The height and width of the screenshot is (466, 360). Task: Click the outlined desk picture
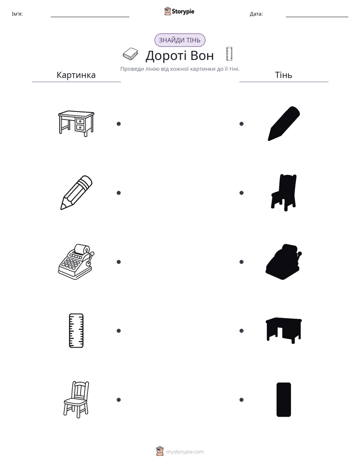(x=76, y=124)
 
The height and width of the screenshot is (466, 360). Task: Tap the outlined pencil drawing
(x=76, y=193)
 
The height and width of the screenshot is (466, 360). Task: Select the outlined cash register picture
(x=76, y=262)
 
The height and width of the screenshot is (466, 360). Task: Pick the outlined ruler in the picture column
(x=76, y=330)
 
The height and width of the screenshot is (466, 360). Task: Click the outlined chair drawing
(x=76, y=399)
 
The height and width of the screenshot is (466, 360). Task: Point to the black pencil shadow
(x=284, y=124)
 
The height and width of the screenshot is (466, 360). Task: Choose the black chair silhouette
(x=284, y=193)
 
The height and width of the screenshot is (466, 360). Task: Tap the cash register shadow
(x=284, y=262)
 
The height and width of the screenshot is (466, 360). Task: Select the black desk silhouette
(x=284, y=330)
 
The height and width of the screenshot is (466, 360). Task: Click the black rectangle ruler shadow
(x=284, y=400)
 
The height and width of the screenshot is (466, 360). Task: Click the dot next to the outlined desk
(x=118, y=124)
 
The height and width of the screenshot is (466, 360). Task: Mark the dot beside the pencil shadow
(x=242, y=124)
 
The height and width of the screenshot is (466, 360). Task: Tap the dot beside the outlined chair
(x=118, y=400)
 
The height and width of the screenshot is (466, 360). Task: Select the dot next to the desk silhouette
(x=242, y=331)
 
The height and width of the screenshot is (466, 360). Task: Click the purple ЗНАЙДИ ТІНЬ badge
(x=179, y=40)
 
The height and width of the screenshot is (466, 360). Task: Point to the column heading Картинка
(x=76, y=75)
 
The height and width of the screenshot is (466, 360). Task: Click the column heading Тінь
(x=284, y=75)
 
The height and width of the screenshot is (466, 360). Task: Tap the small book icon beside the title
(x=131, y=54)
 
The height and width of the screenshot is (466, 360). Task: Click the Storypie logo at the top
(x=179, y=11)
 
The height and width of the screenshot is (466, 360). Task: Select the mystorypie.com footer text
(x=185, y=452)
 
